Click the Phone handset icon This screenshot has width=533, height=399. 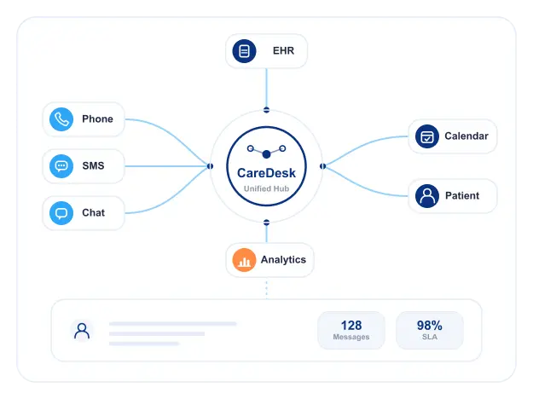point(61,119)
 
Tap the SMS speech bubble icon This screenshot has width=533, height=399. point(61,166)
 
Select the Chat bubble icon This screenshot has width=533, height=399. point(61,213)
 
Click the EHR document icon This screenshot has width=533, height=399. point(244,51)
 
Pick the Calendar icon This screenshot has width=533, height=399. point(427,136)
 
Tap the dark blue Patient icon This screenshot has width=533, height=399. point(427,196)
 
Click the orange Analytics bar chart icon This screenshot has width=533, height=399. point(244,260)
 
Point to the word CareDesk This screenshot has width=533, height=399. point(266,173)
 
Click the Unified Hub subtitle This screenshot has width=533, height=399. point(266,188)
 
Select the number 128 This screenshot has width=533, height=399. point(351,326)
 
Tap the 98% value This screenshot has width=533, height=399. point(430,326)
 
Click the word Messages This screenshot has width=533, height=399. point(351,337)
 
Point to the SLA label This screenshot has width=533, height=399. point(430,337)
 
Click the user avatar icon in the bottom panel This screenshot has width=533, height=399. point(82,331)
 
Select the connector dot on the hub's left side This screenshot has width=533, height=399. point(210,166)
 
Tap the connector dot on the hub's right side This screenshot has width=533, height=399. point(323,166)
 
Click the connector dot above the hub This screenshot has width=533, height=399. point(266,110)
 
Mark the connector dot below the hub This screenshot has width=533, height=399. point(266,223)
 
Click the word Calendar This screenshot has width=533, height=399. point(466,136)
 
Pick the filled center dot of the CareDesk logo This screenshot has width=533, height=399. point(266,154)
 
